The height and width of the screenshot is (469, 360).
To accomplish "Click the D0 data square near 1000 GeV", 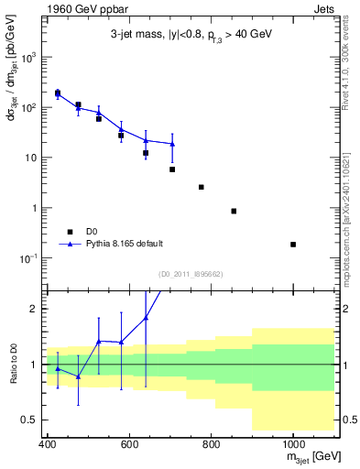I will pos(293,245).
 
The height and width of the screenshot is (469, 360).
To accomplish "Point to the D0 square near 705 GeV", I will pos(172,169).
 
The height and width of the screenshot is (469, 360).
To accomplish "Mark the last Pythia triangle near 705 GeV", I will pos(172,144).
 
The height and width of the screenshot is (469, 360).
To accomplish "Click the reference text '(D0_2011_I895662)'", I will pos(191,274).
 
